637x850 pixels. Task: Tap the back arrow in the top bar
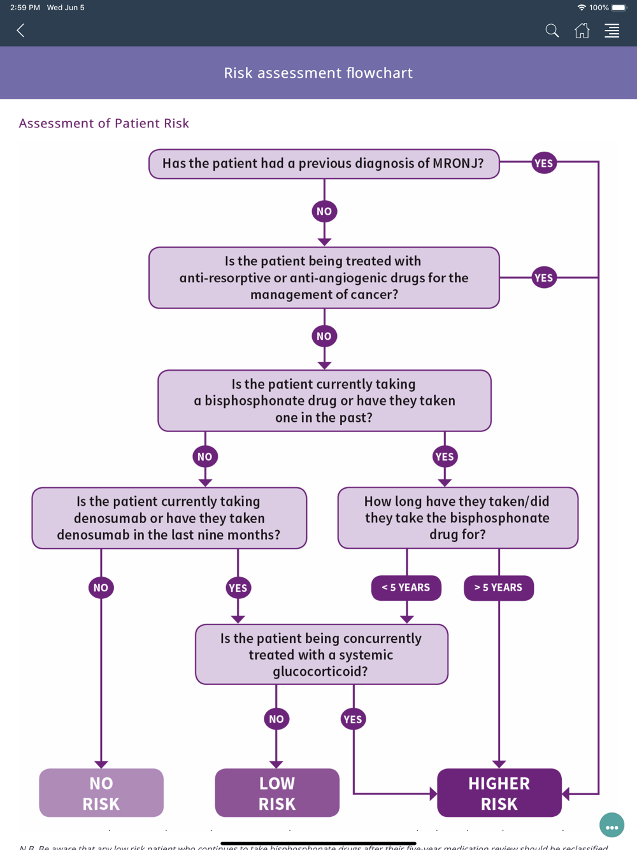pyautogui.click(x=21, y=31)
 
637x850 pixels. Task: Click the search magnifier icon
pyautogui.click(x=552, y=31)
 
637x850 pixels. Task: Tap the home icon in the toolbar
pyautogui.click(x=582, y=31)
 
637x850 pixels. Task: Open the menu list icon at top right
pyautogui.click(x=612, y=31)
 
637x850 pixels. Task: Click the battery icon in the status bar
pyautogui.click(x=619, y=8)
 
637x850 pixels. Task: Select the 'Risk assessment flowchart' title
pyautogui.click(x=318, y=73)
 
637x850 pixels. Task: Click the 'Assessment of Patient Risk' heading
pyautogui.click(x=104, y=123)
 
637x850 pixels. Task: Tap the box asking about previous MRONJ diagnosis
pyautogui.click(x=324, y=164)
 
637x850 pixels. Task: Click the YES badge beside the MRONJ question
pyautogui.click(x=544, y=163)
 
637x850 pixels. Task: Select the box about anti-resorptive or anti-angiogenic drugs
pyautogui.click(x=324, y=278)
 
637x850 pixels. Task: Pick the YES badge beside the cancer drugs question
pyautogui.click(x=544, y=278)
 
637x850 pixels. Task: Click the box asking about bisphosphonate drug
pyautogui.click(x=324, y=401)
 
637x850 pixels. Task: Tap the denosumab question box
pyautogui.click(x=169, y=518)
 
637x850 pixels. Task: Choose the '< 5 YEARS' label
pyautogui.click(x=406, y=587)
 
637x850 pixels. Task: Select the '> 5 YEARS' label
pyautogui.click(x=498, y=587)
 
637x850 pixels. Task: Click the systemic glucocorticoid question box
pyautogui.click(x=321, y=654)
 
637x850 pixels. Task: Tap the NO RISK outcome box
pyautogui.click(x=101, y=793)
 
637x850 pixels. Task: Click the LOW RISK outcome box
pyautogui.click(x=277, y=793)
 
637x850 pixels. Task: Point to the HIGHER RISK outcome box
pyautogui.click(x=499, y=793)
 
